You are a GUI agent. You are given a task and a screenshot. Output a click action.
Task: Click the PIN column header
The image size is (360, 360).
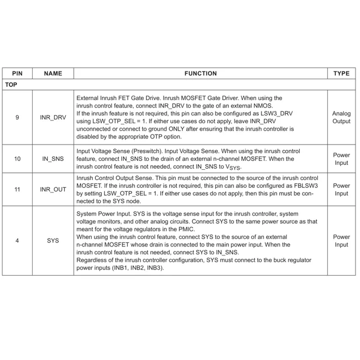pyautogui.click(x=17, y=73)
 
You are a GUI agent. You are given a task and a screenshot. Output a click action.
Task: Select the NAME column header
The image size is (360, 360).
pyautogui.click(x=53, y=73)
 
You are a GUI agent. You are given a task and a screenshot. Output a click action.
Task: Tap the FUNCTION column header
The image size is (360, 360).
pyautogui.click(x=200, y=73)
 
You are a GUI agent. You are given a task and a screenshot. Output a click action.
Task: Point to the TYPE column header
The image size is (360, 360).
pyautogui.click(x=341, y=73)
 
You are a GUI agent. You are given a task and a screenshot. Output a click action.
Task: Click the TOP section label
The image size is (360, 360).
pyautogui.click(x=11, y=84)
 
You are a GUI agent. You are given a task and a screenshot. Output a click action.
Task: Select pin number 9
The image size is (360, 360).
pyautogui.click(x=17, y=118)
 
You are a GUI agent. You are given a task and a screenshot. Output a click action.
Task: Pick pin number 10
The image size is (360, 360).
pyautogui.click(x=17, y=159)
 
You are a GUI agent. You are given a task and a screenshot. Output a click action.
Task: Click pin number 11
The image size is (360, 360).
pyautogui.click(x=17, y=190)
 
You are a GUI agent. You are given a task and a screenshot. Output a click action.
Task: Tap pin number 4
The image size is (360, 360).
pyautogui.click(x=17, y=241)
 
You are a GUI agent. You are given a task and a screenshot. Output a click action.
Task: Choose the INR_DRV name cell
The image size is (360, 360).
pyautogui.click(x=53, y=118)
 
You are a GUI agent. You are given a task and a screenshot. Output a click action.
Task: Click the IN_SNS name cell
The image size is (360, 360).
pyautogui.click(x=53, y=159)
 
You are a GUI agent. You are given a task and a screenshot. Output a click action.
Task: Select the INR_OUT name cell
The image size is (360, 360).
pyautogui.click(x=53, y=190)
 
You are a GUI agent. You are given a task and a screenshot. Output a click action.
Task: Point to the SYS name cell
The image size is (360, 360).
pyautogui.click(x=53, y=241)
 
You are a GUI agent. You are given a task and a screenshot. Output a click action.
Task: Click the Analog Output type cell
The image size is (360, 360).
pyautogui.click(x=341, y=118)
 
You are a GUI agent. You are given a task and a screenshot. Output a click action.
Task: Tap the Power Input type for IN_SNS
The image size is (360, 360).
pyautogui.click(x=341, y=159)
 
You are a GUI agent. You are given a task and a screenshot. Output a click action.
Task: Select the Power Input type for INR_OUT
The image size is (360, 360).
pyautogui.click(x=341, y=190)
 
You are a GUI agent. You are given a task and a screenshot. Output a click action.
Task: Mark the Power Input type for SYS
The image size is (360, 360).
pyautogui.click(x=341, y=241)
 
